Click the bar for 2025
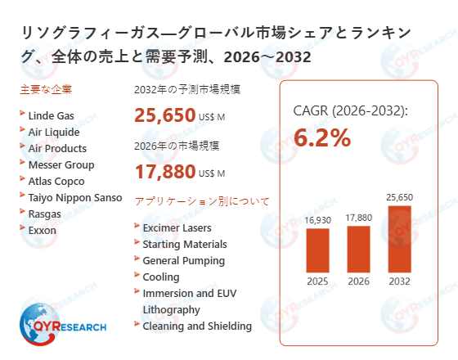coord(317,251)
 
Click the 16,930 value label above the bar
coord(317,219)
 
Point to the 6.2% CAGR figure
coord(322,138)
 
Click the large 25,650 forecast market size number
coord(164,115)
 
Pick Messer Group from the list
coord(61,165)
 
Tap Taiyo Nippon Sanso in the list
coord(74,197)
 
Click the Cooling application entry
coord(160,277)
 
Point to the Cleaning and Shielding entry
coord(197,326)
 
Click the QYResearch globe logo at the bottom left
coord(39,323)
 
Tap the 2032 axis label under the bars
coord(399,283)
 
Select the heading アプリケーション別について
coord(201,201)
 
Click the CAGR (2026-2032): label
coord(350,110)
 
